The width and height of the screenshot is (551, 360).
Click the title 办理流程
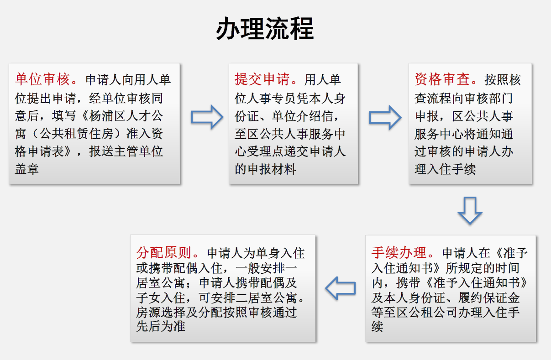click(x=265, y=29)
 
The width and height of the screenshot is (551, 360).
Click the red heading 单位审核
click(x=42, y=79)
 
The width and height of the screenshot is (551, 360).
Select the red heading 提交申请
click(x=262, y=79)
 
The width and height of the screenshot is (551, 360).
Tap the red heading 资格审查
click(x=442, y=79)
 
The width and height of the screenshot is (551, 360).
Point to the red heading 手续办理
click(x=399, y=252)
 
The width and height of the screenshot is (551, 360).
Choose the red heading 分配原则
click(x=163, y=252)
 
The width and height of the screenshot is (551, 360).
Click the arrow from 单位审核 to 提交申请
click(x=207, y=117)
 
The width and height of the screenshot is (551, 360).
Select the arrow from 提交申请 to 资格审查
click(x=385, y=118)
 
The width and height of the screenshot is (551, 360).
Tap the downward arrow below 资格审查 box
click(x=470, y=210)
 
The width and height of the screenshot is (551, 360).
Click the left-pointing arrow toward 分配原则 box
click(x=341, y=288)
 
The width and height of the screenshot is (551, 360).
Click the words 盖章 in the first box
click(x=26, y=169)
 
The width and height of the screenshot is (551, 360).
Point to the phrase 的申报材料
click(x=265, y=169)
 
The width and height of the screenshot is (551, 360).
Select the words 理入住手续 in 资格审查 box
click(x=445, y=169)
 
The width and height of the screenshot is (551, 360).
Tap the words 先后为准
click(x=161, y=327)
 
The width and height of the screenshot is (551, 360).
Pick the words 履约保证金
click(x=489, y=298)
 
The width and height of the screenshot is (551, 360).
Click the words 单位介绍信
click(x=302, y=116)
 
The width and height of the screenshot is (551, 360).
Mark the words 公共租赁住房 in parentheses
click(x=76, y=134)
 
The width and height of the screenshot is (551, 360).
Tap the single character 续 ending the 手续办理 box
click(x=378, y=327)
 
